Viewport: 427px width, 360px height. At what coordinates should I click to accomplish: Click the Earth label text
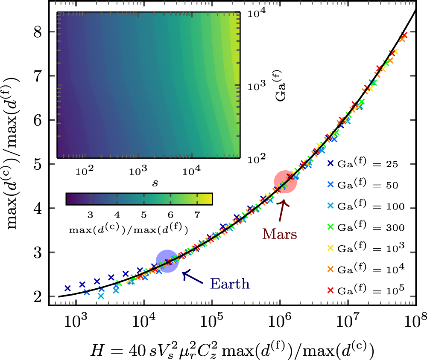click(x=230, y=284)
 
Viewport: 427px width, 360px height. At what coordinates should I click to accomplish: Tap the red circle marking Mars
click(x=285, y=181)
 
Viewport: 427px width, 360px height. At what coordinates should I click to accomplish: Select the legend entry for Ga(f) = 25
click(x=363, y=163)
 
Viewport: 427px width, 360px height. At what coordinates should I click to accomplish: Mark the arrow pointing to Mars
click(x=283, y=209)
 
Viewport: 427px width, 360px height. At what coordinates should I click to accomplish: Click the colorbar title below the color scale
click(x=128, y=229)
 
